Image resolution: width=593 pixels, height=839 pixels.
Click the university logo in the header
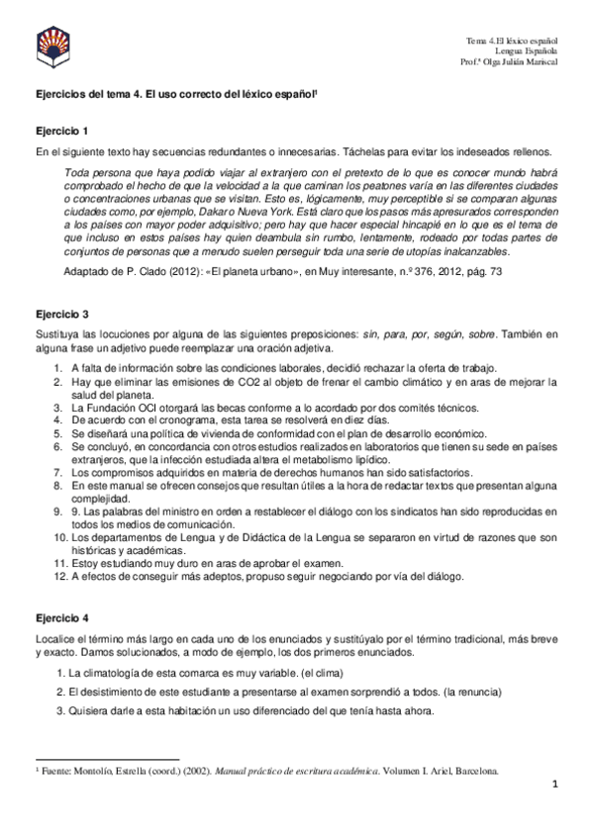(x=53, y=43)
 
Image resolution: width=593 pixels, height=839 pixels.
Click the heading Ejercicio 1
(x=62, y=131)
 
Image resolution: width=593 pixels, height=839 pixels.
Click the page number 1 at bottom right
(x=556, y=785)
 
